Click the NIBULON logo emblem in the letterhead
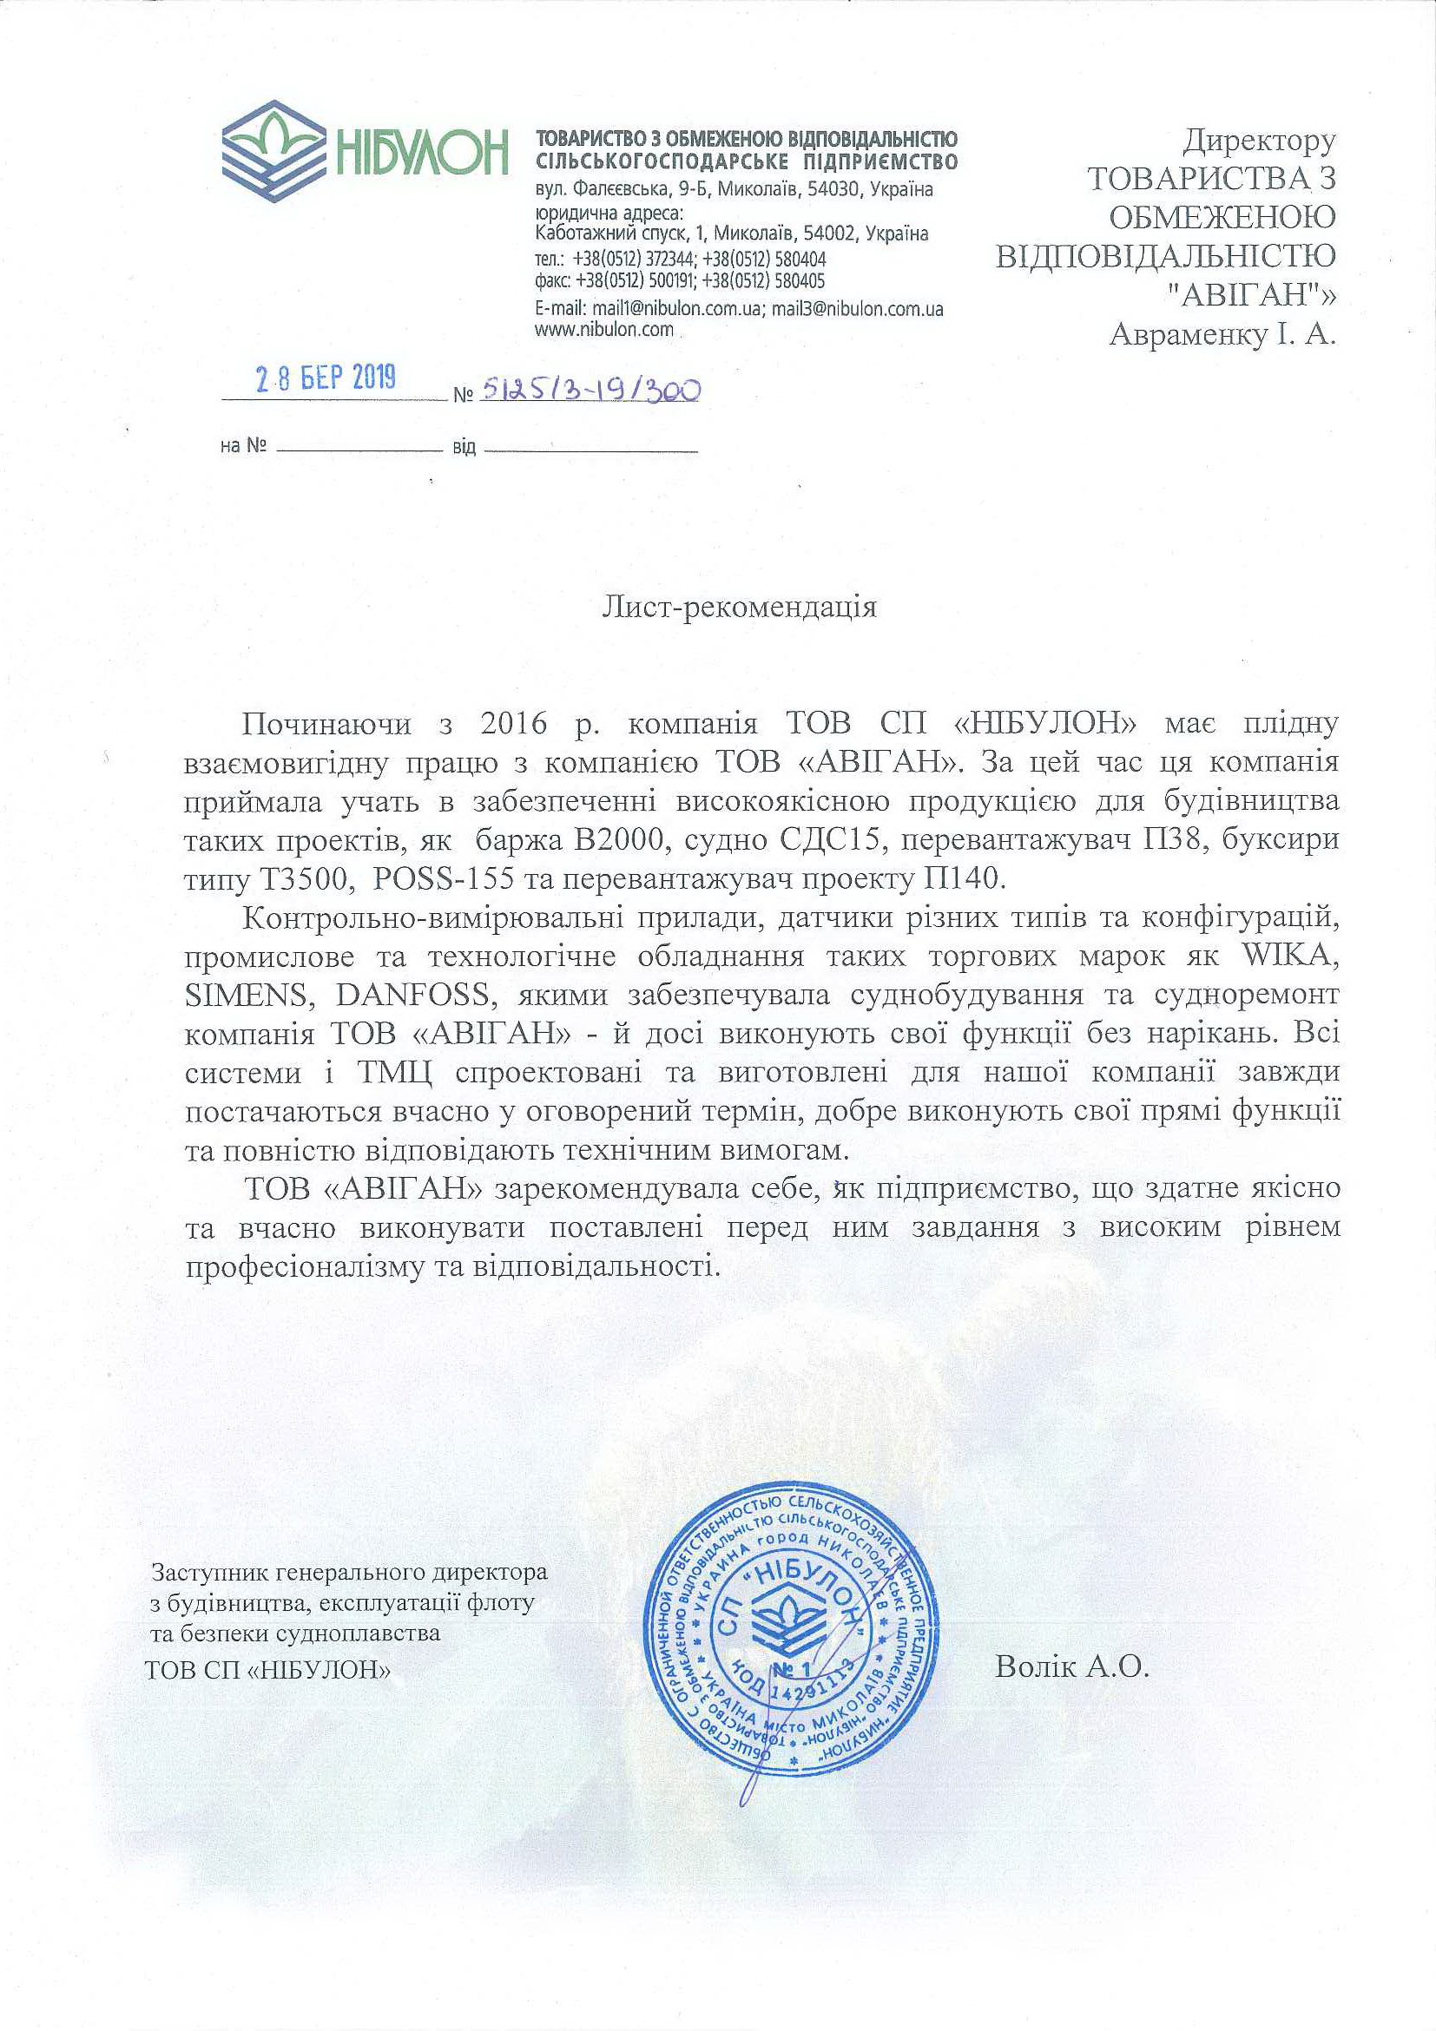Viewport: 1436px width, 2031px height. (x=273, y=151)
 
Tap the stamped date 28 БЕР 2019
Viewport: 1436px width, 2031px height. (x=326, y=379)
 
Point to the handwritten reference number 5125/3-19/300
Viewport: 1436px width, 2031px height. (x=590, y=390)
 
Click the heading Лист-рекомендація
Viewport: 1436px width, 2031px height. (x=739, y=607)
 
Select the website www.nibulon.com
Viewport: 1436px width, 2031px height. (x=604, y=330)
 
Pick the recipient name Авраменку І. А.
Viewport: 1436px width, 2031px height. (x=1222, y=335)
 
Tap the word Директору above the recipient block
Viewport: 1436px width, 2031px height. (x=1259, y=140)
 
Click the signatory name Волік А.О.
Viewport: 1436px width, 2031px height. (x=1071, y=1667)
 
